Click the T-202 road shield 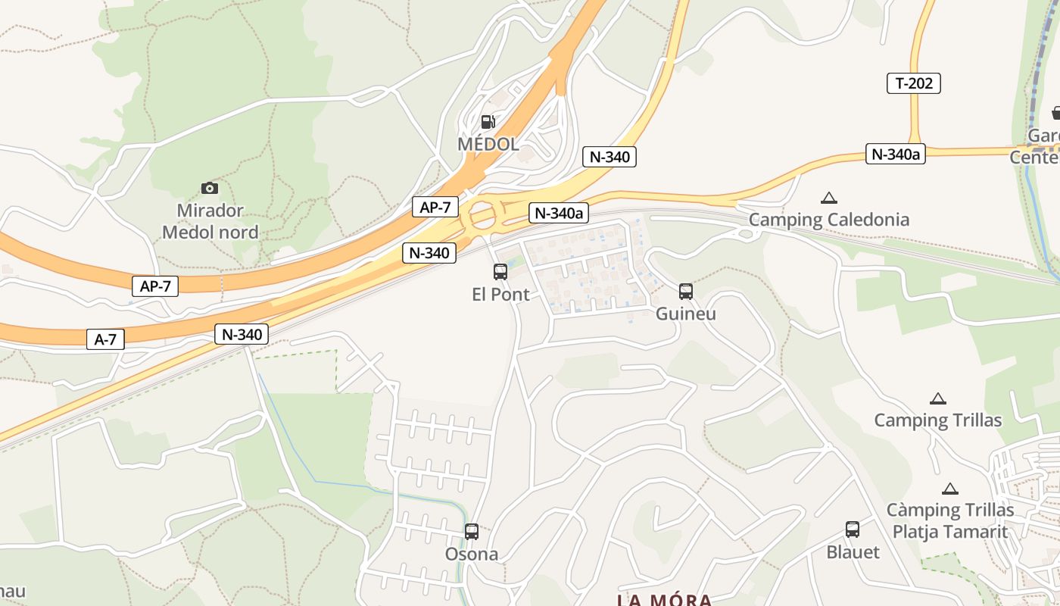913,83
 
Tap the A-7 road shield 105,339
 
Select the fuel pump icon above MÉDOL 488,121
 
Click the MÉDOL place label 488,144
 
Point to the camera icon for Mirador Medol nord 210,188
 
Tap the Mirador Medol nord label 210,221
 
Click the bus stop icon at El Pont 500,272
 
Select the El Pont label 500,295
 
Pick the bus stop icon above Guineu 686,291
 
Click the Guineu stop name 686,314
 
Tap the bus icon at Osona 472,532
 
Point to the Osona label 472,554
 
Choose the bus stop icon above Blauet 853,529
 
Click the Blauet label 853,552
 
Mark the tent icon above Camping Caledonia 829,198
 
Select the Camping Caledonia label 829,220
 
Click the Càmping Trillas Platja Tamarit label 950,520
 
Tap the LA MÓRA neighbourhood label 664,600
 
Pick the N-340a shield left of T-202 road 895,155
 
